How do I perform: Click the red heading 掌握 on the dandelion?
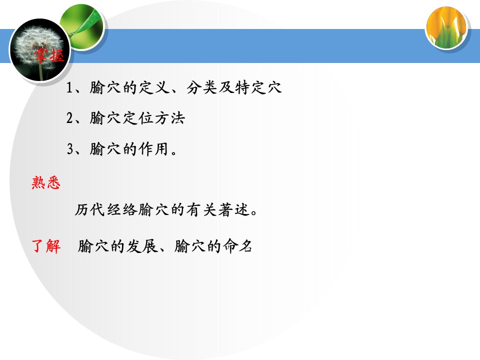click(49, 55)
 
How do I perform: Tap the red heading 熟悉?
click(46, 183)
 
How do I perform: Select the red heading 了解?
click(46, 246)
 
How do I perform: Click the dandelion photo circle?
click(40, 50)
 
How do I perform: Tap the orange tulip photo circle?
click(446, 27)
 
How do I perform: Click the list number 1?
click(69, 88)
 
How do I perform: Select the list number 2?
click(69, 118)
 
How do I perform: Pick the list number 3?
click(70, 149)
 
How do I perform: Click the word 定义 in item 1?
click(154, 87)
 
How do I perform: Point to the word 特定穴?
click(258, 87)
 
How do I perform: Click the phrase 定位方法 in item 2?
click(154, 118)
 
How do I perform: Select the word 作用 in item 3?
click(153, 149)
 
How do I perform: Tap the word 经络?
click(122, 210)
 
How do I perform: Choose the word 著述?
click(234, 210)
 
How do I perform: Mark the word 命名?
click(237, 246)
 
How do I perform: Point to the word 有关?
click(201, 210)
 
